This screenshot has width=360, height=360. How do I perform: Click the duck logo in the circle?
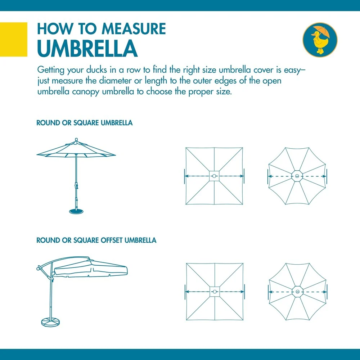point(320,40)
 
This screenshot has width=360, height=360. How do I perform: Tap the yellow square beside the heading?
point(14,39)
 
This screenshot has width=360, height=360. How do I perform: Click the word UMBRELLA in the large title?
point(87,49)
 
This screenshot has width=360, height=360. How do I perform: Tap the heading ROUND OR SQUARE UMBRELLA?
point(85,123)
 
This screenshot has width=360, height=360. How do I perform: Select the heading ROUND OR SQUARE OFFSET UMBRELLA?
point(96,240)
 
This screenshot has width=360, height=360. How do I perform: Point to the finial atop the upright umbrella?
point(76,139)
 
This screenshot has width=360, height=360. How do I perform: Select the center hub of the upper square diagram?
point(214,176)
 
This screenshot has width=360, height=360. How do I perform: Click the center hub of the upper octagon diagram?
point(297,176)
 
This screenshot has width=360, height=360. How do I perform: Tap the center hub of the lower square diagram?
point(215,291)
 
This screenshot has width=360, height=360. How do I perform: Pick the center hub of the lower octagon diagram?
point(297,291)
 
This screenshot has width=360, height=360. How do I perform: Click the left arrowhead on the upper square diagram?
point(186,176)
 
